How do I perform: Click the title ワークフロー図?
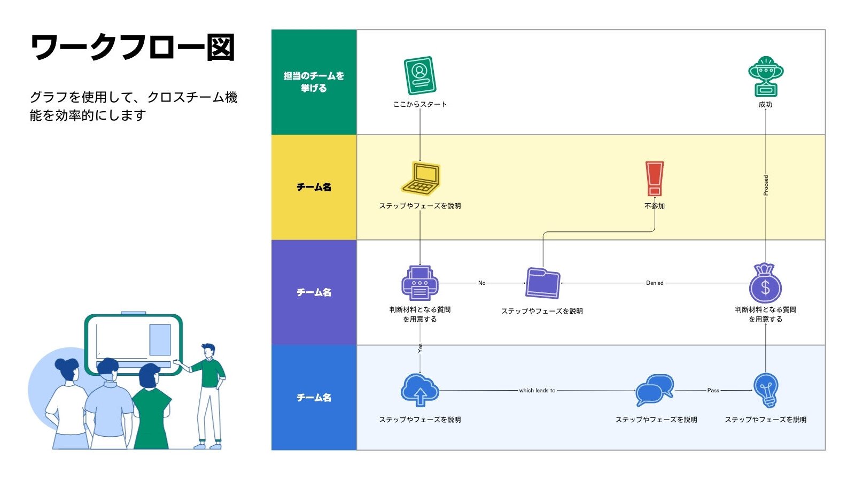coord(133,48)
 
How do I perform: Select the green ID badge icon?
coord(419,76)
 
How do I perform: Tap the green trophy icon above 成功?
coord(765,76)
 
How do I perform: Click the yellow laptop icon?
coord(421,179)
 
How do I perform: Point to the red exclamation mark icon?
coord(654,179)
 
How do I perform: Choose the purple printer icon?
coord(419,283)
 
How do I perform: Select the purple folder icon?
coord(542,283)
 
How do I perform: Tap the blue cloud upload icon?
coord(419,390)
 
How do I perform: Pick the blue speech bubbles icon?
coord(655,390)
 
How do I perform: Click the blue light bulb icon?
coord(766,390)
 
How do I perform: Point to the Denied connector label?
coord(655,283)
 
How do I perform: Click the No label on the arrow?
coord(481,283)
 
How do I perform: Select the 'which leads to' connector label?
coord(537,391)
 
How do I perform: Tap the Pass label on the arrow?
coord(713,391)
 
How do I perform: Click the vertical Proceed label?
coord(766,185)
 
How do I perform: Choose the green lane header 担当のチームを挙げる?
coord(314,82)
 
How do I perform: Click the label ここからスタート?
coord(419,104)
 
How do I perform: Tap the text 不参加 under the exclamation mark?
coord(655,206)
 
